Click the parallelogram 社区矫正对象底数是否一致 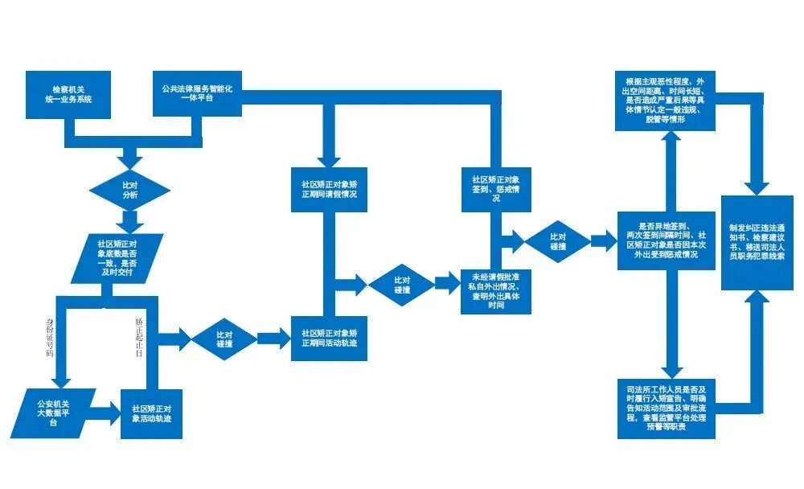click(117, 259)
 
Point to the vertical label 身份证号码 click(51, 337)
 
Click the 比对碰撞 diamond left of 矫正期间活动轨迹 click(224, 338)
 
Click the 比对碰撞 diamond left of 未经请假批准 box click(403, 284)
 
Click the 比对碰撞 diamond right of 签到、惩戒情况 click(558, 240)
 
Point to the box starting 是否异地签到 click(667, 239)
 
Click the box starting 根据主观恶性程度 click(667, 101)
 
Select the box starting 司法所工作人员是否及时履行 click(667, 406)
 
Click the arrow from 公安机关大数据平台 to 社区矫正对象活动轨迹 click(103, 415)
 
